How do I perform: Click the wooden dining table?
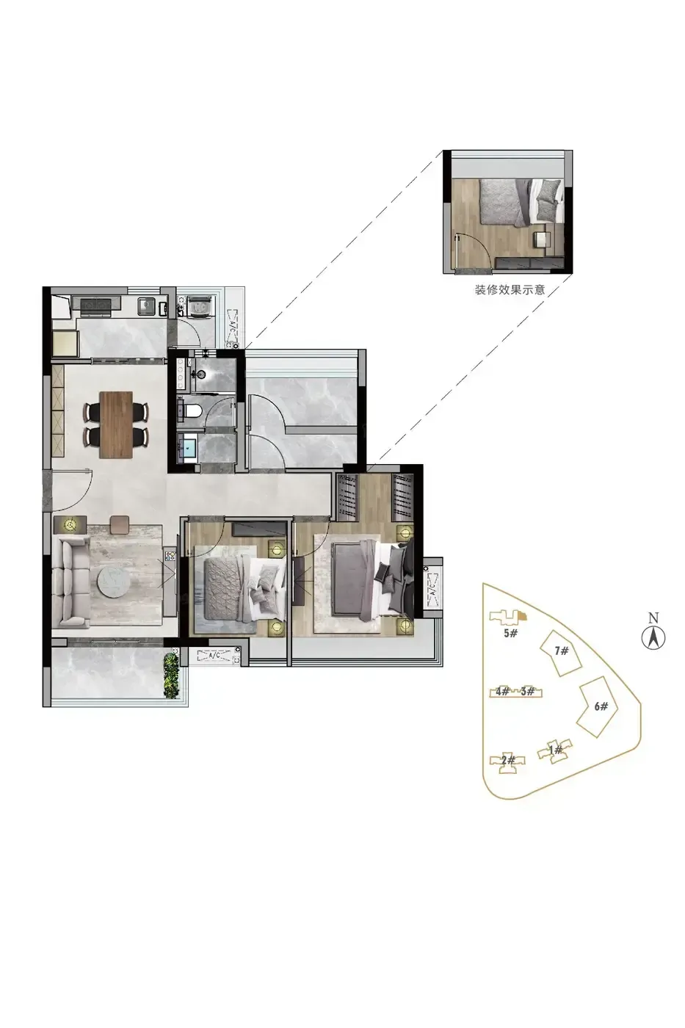(x=115, y=424)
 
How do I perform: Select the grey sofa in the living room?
(x=70, y=581)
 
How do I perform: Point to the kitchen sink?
(x=146, y=305)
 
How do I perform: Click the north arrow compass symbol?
(x=653, y=633)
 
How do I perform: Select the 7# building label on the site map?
(x=561, y=651)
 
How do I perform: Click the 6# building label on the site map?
(x=601, y=706)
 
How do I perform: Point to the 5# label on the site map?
(x=510, y=633)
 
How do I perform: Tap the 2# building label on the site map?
(x=507, y=760)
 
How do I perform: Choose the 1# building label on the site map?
(x=555, y=750)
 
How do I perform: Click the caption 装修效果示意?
(x=510, y=290)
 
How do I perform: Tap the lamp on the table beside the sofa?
(x=70, y=524)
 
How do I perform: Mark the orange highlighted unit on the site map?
(x=522, y=616)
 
